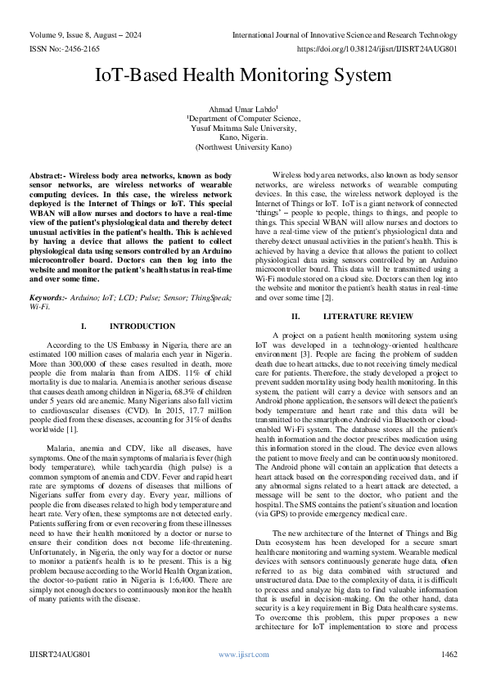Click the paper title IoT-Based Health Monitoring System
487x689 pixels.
(x=243, y=75)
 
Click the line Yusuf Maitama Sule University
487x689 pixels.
(x=243, y=129)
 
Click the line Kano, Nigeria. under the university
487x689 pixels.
(x=243, y=138)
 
